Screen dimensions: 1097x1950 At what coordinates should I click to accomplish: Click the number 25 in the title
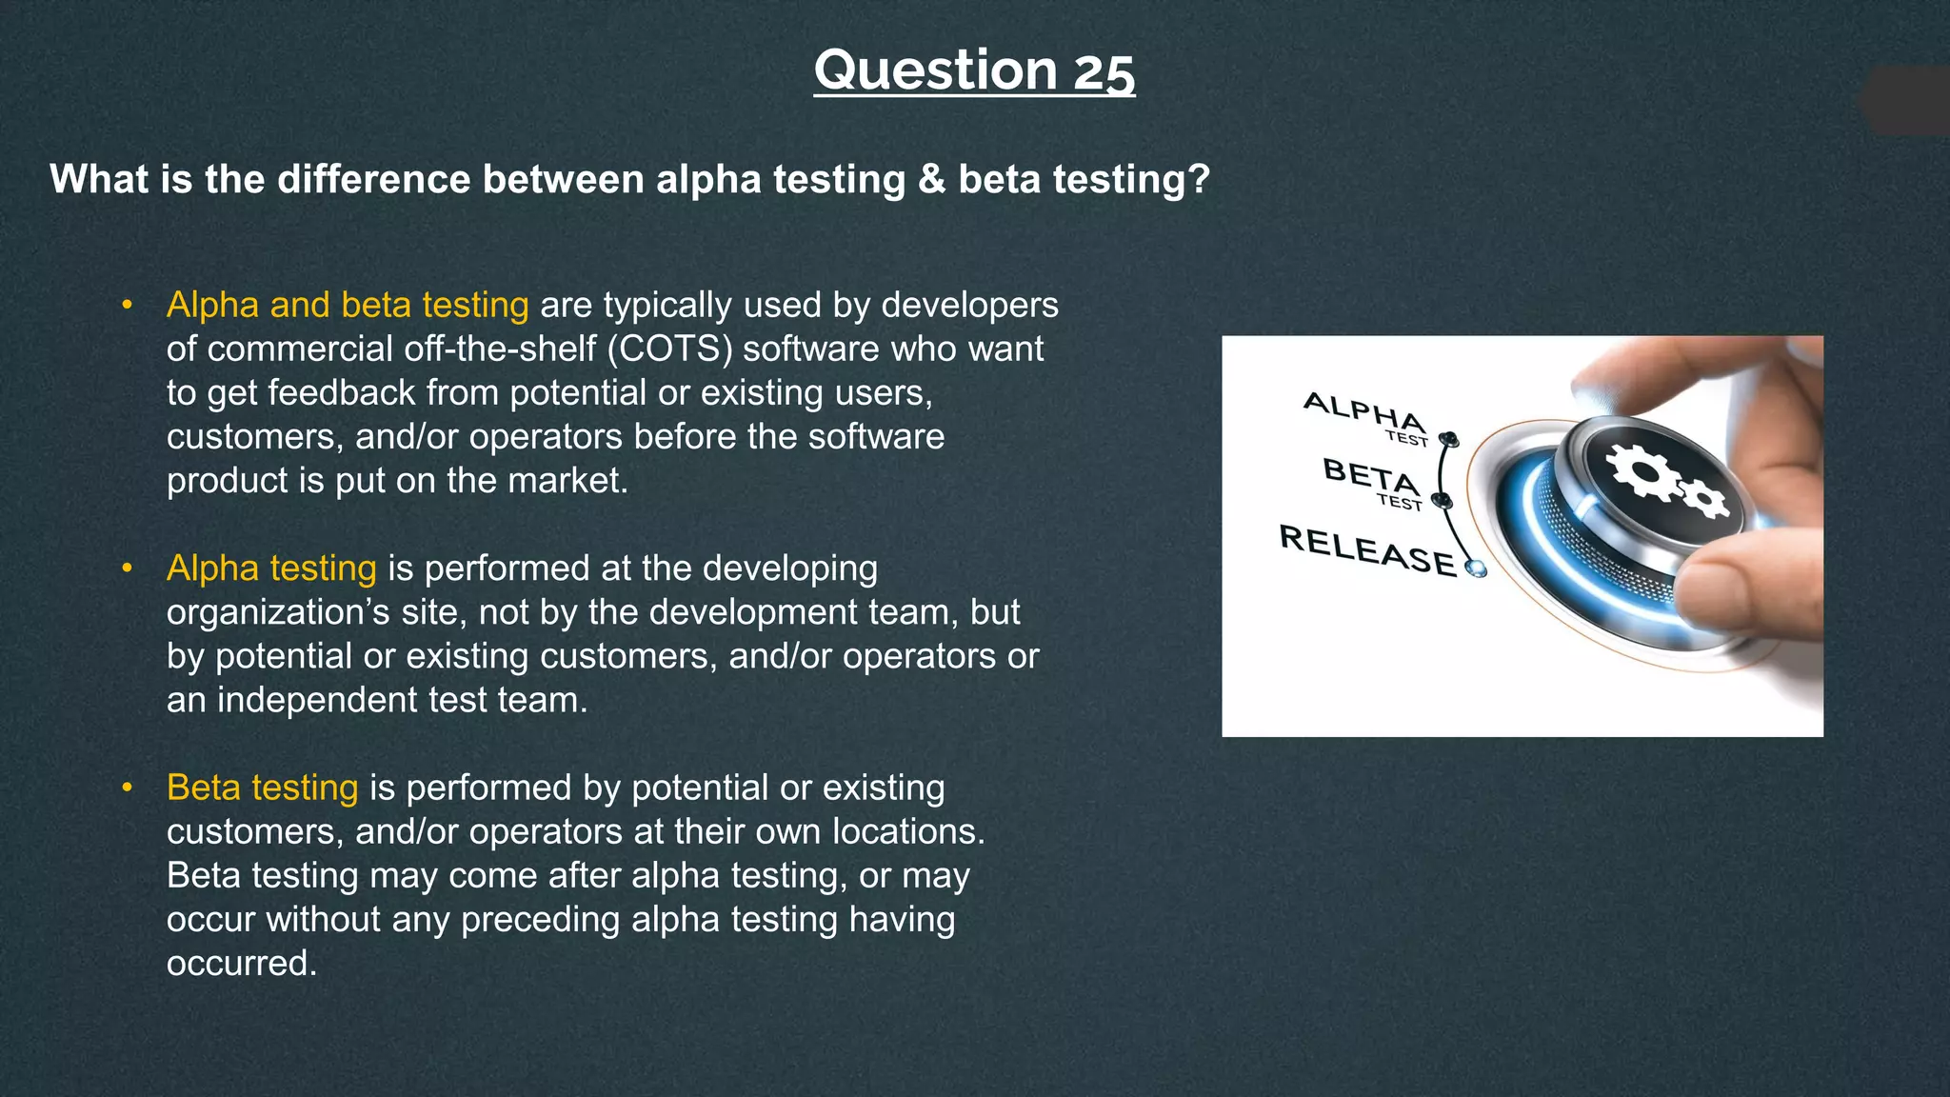(1104, 70)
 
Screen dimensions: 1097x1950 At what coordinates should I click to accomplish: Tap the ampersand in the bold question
(931, 179)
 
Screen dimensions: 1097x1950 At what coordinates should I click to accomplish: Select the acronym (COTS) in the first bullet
(670, 349)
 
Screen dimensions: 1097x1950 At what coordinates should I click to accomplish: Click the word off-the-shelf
(500, 349)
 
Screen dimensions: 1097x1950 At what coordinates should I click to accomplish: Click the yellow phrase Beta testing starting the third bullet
(262, 788)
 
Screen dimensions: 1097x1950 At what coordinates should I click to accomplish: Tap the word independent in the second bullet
(317, 700)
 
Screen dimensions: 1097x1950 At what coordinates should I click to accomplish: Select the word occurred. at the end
(241, 963)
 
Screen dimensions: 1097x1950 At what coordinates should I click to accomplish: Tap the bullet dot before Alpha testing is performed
(127, 568)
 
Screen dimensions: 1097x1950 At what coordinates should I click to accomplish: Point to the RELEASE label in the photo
(1367, 550)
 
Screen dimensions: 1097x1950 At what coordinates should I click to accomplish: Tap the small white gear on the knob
(1703, 498)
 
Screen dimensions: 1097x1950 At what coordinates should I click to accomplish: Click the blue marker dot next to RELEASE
(1477, 568)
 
